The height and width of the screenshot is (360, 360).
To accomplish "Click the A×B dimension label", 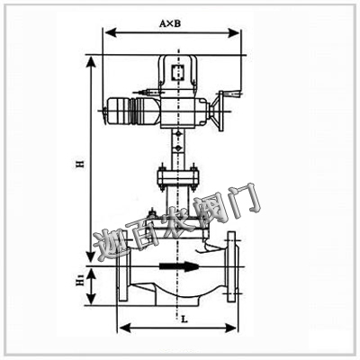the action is pyautogui.click(x=170, y=23).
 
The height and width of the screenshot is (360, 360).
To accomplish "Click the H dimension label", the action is pyautogui.click(x=79, y=164).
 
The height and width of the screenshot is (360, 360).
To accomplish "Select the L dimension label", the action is pyautogui.click(x=184, y=319).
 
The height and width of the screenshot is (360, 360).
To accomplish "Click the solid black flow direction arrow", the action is pyautogui.click(x=179, y=266).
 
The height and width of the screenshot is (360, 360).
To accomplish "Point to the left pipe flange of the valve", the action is pyautogui.click(x=123, y=270).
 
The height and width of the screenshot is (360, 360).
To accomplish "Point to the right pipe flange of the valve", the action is pyautogui.click(x=231, y=266).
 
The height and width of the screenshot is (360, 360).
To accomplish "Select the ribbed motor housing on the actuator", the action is pyautogui.click(x=131, y=111).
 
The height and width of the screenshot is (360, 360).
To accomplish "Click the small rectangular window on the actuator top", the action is pyautogui.click(x=177, y=73).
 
